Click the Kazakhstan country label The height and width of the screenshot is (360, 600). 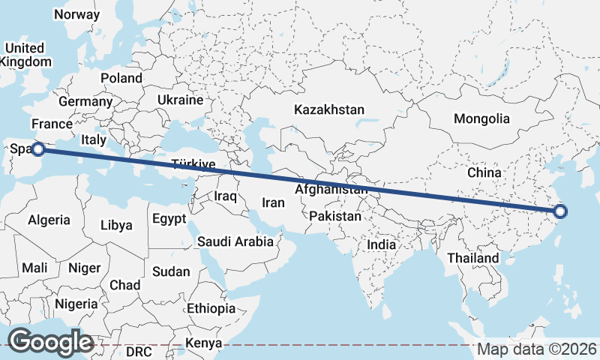click(x=329, y=109)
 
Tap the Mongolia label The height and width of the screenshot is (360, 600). click(x=481, y=118)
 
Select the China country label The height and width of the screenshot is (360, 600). click(x=484, y=172)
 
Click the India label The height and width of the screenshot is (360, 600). click(x=382, y=244)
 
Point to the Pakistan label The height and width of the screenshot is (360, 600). click(x=334, y=216)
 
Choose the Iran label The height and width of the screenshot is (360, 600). click(x=273, y=202)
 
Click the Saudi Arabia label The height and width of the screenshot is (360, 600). click(x=235, y=241)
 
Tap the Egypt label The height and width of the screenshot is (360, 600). click(x=168, y=219)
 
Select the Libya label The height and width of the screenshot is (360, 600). click(x=116, y=224)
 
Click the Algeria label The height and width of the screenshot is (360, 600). click(x=49, y=220)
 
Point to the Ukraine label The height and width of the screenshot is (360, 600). click(x=180, y=100)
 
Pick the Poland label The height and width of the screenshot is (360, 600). click(x=121, y=78)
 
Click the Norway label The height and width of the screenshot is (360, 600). click(x=76, y=14)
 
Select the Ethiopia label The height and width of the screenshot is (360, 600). click(x=211, y=308)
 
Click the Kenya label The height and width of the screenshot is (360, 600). click(x=204, y=343)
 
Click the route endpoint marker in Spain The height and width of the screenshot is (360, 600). click(x=37, y=150)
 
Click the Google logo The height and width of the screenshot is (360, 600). click(x=50, y=341)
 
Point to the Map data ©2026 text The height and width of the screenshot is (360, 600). click(x=538, y=349)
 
